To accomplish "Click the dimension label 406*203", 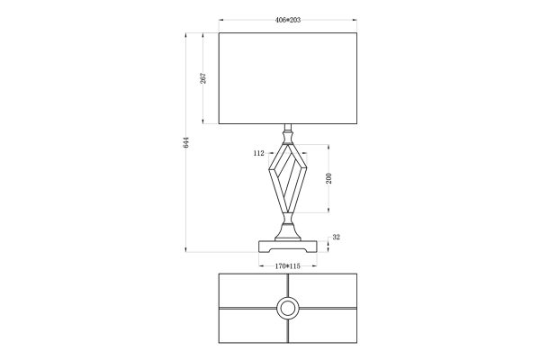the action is pos(288,20).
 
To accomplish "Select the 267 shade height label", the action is pos(203,78).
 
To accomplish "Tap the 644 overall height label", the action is pos(186,142).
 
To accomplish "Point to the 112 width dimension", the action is pos(258,153).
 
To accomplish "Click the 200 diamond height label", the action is pos(328,178).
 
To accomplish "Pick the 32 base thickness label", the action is pos(336,237).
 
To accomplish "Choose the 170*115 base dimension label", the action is pos(288,266).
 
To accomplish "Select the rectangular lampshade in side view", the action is pos(288,78).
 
